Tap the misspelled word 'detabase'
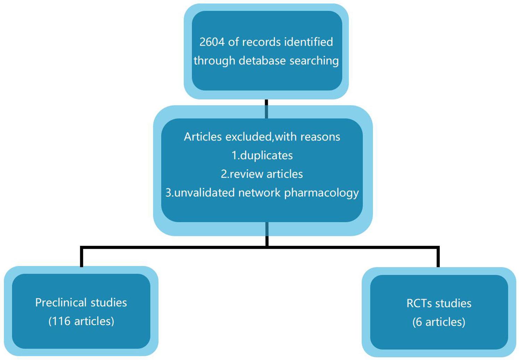coord(262,61)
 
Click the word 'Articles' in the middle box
coord(203,137)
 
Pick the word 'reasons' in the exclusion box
coord(320,137)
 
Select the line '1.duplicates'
coord(262,155)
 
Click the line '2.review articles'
coord(262,174)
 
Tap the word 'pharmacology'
coord(321,193)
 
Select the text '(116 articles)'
coord(81,321)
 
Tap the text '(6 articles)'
coord(439,322)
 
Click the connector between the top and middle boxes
coord(266,103)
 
